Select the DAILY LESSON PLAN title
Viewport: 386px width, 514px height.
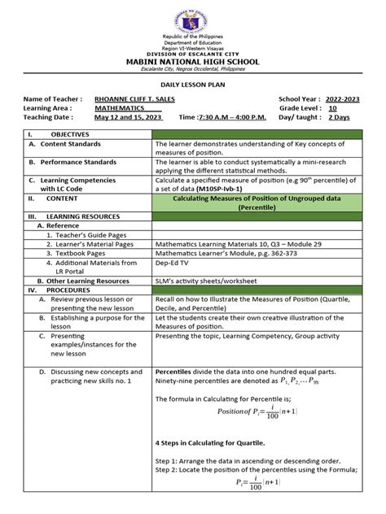[192, 84]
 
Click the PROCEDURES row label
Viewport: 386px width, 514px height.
[68, 289]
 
